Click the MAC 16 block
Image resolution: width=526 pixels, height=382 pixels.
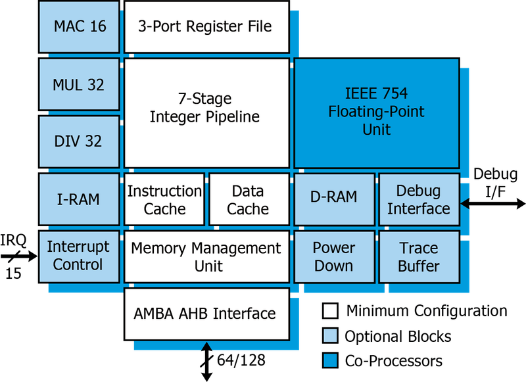point(79,28)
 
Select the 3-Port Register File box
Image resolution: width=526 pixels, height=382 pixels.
point(206,27)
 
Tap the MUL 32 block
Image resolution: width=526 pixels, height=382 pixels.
point(79,85)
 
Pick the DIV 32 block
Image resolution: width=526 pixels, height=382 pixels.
point(79,141)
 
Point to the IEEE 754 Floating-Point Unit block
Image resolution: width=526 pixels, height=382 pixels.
point(376,112)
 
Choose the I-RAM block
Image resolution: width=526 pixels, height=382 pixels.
point(79,199)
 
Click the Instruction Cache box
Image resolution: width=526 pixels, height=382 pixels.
point(164,199)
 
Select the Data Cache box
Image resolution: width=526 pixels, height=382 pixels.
point(249,199)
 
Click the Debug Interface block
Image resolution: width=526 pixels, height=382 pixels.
point(419,199)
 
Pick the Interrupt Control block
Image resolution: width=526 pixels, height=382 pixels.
point(79,256)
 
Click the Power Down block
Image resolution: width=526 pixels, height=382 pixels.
point(334,256)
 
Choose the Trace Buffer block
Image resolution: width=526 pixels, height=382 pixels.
point(419,256)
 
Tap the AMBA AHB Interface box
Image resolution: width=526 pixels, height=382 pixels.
point(206,314)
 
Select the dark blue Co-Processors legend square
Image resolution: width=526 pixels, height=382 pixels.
point(330,360)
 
